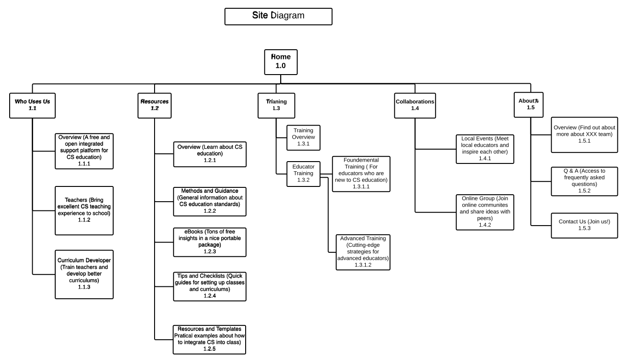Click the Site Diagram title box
click(278, 17)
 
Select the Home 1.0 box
click(281, 62)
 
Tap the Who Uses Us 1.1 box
click(32, 105)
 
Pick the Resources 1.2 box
click(154, 105)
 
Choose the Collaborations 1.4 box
click(415, 105)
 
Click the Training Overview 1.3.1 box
click(303, 138)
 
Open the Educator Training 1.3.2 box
click(303, 174)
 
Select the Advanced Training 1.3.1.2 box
click(363, 252)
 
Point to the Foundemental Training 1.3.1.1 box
click(361, 174)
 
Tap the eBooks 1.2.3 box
click(210, 242)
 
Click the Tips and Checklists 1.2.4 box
click(210, 286)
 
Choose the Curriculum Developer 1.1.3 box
click(84, 274)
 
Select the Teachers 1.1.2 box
click(84, 211)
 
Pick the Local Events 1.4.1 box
click(485, 149)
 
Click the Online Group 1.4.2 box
click(485, 212)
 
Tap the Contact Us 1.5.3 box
click(584, 226)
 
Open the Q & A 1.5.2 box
click(584, 181)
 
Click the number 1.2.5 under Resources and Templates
click(209, 348)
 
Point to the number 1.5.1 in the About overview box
click(584, 141)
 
